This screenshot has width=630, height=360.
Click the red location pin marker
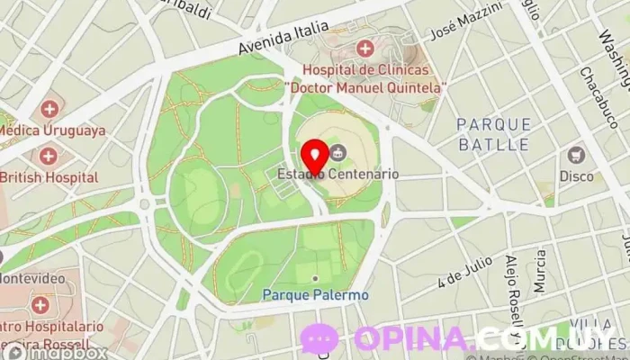[x=312, y=157]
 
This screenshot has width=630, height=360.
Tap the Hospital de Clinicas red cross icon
[x=364, y=49]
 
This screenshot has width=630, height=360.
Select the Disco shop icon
[x=576, y=155]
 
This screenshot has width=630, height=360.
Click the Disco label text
[x=576, y=175]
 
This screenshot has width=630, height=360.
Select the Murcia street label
[x=539, y=272]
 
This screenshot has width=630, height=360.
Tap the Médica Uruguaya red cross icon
[x=49, y=110]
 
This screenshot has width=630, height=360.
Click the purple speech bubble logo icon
[x=319, y=339]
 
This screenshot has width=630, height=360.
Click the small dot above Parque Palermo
[x=314, y=278]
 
